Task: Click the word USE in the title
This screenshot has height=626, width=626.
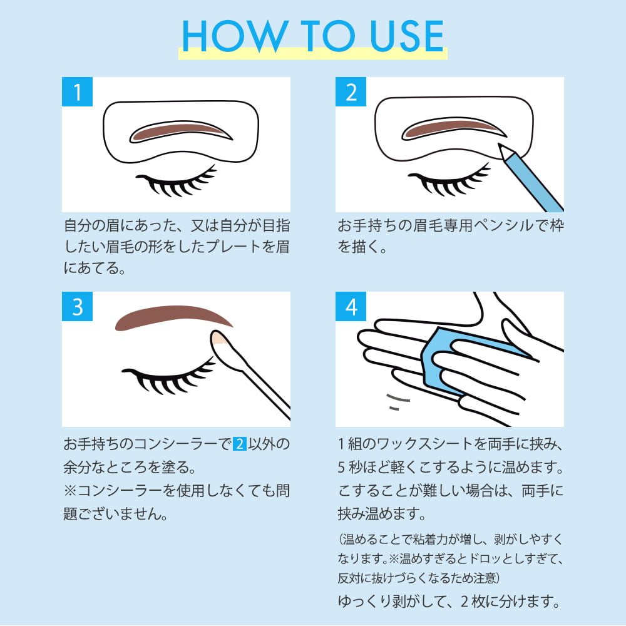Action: (407, 36)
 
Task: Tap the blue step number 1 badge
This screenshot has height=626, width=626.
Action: (77, 92)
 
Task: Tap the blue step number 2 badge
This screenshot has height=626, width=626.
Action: (351, 92)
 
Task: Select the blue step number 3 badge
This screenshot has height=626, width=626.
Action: (77, 307)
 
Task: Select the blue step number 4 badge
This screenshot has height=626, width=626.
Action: (351, 307)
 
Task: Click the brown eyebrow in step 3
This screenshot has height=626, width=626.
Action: (172, 316)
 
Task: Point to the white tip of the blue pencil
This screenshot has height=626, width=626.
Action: (504, 151)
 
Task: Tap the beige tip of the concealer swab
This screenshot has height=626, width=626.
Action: (218, 338)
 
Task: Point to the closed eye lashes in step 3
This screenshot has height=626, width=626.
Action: (168, 377)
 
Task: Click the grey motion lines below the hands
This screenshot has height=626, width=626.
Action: (398, 402)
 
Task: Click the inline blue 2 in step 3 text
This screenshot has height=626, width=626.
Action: (240, 444)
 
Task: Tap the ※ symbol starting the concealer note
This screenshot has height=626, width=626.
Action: (70, 491)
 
